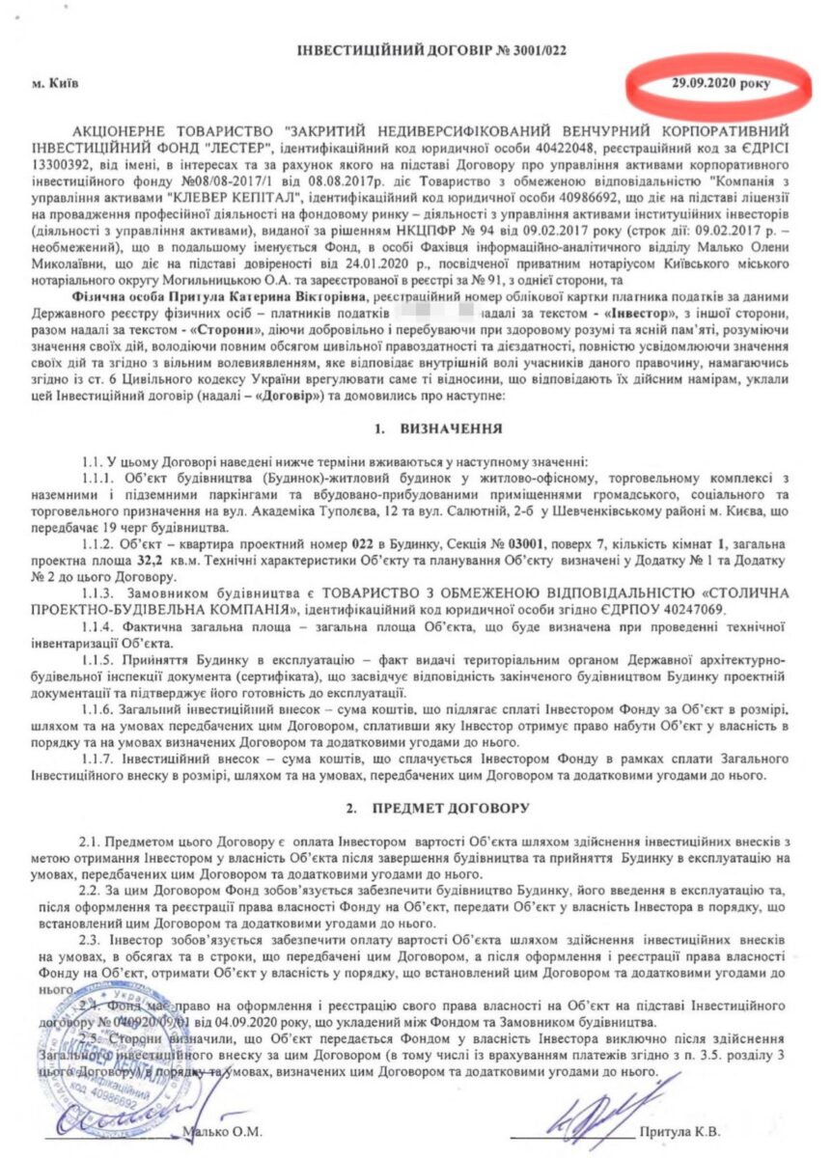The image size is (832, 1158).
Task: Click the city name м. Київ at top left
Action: coord(56,83)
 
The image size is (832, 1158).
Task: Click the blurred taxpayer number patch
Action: coord(425,299)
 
